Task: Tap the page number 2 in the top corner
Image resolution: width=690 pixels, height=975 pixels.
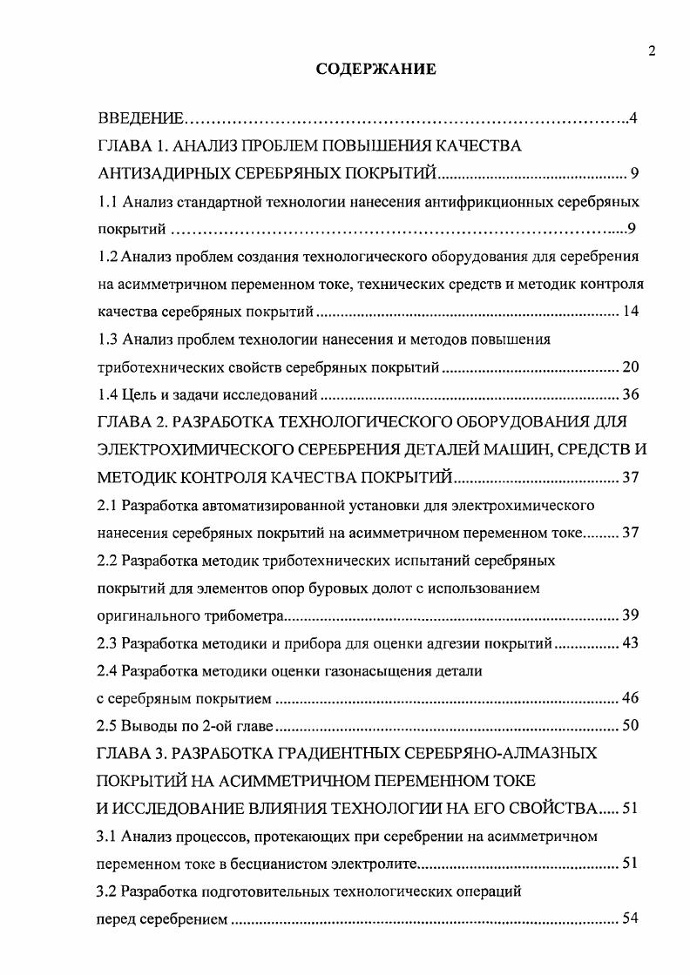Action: [x=652, y=51]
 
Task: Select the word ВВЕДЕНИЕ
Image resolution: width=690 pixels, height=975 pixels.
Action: [x=139, y=118]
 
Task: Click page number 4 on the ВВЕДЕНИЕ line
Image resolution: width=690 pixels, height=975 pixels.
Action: [x=635, y=118]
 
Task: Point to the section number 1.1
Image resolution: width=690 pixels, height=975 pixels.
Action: [x=106, y=202]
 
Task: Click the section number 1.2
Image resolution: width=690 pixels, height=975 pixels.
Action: [x=106, y=257]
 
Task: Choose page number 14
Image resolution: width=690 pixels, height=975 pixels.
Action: [x=631, y=312]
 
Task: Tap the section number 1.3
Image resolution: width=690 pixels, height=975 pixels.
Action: [x=106, y=339]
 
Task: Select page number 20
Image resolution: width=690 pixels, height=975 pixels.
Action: [x=631, y=366]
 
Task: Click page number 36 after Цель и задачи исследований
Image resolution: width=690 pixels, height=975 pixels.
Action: [x=631, y=394]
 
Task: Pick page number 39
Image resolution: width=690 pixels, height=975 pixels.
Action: [x=631, y=615]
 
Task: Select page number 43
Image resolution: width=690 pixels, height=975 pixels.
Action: [x=631, y=643]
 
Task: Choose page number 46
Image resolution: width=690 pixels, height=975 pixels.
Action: [x=631, y=697]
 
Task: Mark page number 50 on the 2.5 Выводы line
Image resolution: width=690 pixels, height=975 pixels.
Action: [x=631, y=725]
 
